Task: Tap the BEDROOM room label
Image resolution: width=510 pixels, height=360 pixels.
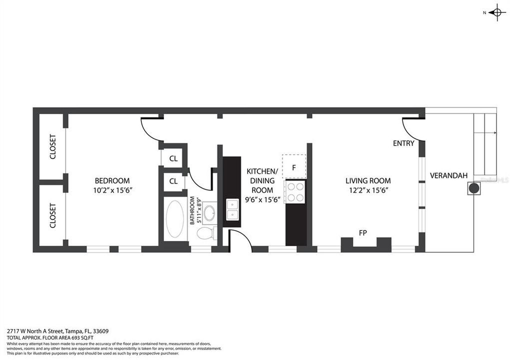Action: tap(112, 180)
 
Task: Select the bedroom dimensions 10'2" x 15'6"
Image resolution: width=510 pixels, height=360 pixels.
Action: tap(112, 190)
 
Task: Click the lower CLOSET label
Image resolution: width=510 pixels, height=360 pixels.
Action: tap(52, 215)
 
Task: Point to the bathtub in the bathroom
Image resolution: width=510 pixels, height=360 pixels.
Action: tap(174, 219)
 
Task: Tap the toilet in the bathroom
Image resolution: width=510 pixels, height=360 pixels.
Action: tap(205, 233)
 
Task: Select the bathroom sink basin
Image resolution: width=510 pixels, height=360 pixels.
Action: tap(209, 213)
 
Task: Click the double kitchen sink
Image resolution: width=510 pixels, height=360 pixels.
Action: tap(232, 209)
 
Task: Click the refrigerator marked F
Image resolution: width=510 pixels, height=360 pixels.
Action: tap(294, 166)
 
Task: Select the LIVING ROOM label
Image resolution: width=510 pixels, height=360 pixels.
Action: tap(368, 180)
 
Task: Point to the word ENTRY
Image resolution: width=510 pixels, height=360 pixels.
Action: tap(403, 143)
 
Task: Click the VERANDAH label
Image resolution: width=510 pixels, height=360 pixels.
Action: tap(448, 175)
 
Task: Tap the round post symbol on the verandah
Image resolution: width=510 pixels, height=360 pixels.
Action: tap(473, 188)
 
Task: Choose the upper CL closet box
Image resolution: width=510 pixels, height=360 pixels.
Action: tap(173, 158)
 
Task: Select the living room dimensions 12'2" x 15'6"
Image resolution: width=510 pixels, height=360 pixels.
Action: tap(368, 190)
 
